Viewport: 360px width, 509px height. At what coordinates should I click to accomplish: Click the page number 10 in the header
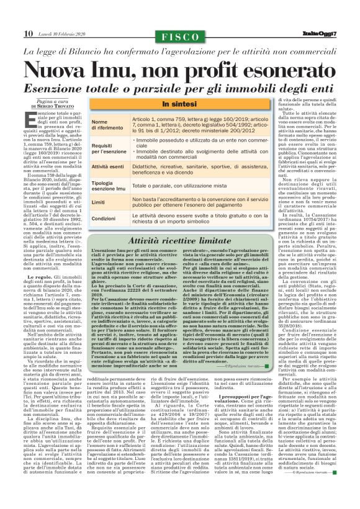click(x=28, y=32)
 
